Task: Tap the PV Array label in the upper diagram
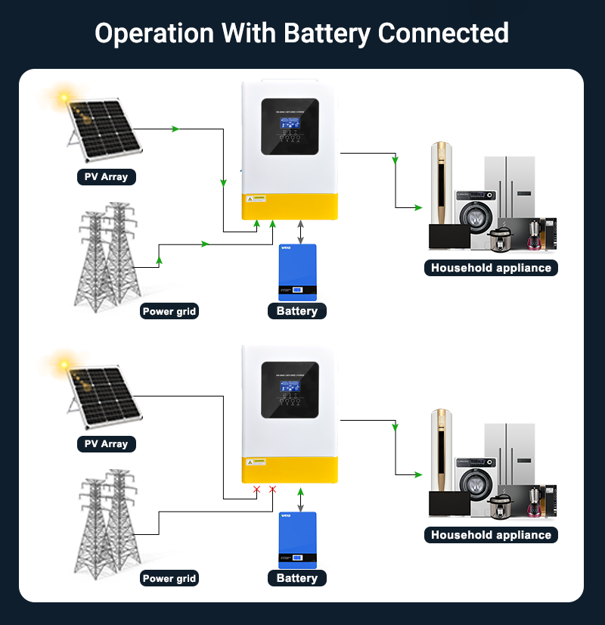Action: [x=106, y=177]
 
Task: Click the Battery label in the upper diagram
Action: [x=297, y=311]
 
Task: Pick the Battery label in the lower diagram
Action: [x=297, y=578]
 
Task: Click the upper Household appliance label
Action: [x=491, y=268]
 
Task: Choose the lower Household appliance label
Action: [x=491, y=535]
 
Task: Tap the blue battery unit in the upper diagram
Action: [x=297, y=272]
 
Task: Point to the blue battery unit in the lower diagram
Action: [x=297, y=539]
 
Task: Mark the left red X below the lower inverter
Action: [x=256, y=490]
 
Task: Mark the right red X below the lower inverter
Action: [x=273, y=490]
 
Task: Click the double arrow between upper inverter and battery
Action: [x=301, y=232]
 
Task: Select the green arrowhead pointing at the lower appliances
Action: [x=417, y=474]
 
